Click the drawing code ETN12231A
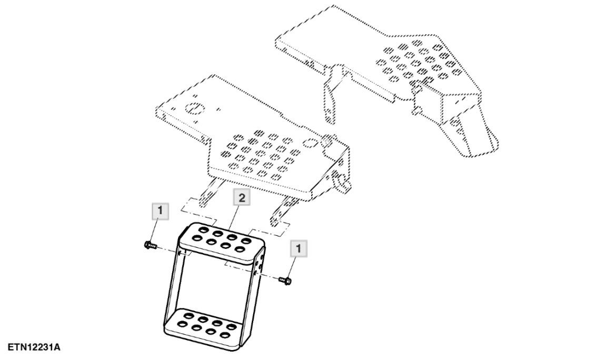tap(34, 347)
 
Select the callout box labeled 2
tap(242, 197)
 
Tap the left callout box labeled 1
tap(160, 211)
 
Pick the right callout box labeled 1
tap(299, 248)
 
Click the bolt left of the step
tap(151, 245)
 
